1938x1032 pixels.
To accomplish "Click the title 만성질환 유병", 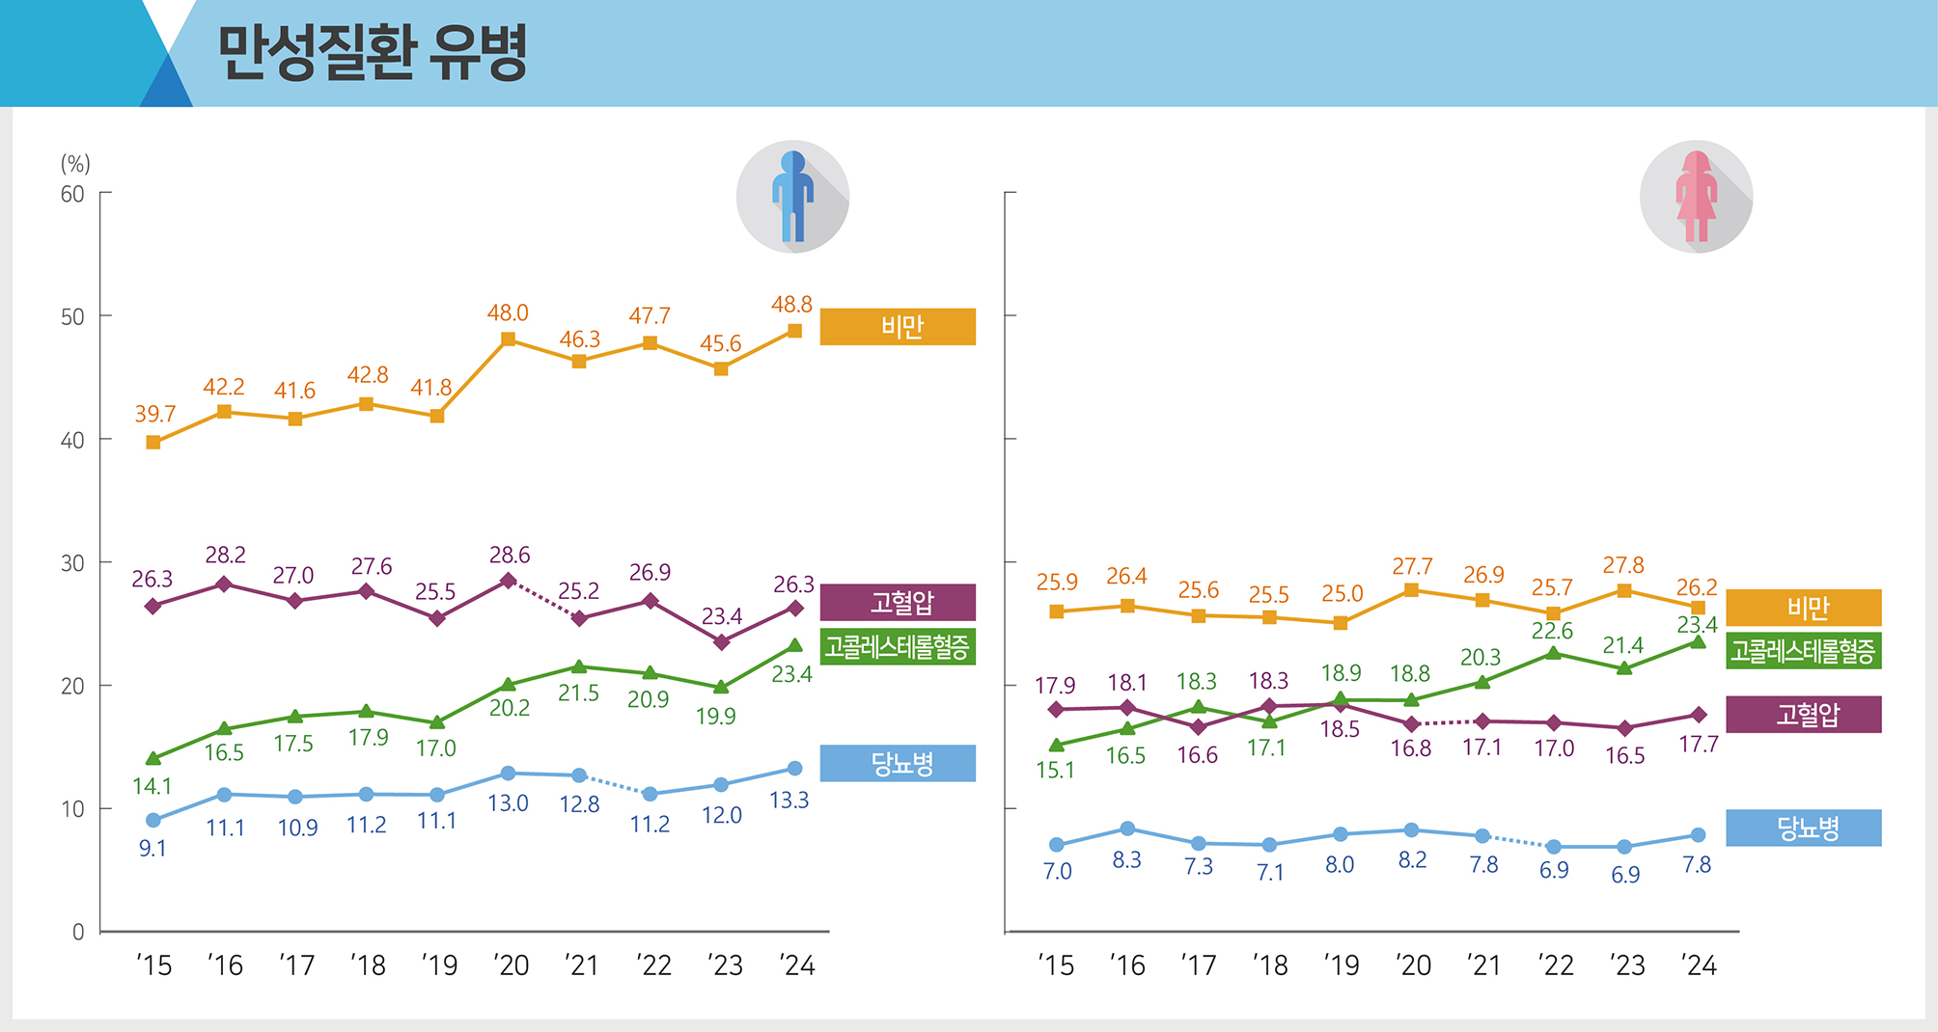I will click(372, 52).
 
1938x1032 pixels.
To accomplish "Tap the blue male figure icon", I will click(792, 197).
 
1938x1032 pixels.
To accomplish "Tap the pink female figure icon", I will click(1696, 197).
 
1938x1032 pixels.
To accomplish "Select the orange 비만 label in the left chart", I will click(898, 327).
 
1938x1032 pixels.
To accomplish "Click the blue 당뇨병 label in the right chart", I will click(1803, 828).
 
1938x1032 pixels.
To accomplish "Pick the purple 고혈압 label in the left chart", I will click(898, 603).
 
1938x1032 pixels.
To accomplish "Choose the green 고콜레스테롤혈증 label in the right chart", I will click(1803, 651).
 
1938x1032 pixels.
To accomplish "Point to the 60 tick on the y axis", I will click(72, 194).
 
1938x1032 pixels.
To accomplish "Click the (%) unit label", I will click(75, 163).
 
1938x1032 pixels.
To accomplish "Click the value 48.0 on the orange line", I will click(508, 312).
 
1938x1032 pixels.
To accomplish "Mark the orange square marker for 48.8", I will click(794, 331).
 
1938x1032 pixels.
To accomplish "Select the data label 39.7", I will click(154, 414).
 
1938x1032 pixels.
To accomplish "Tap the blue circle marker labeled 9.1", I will click(153, 820).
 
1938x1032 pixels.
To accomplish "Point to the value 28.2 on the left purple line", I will click(225, 555).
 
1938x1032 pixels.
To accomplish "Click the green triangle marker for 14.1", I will click(153, 759).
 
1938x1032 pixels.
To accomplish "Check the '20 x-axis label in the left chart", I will click(511, 964).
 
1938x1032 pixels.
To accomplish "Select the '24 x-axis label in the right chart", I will click(1698, 964).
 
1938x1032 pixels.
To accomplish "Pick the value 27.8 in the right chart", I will click(1623, 564).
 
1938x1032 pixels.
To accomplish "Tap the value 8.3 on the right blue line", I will click(1126, 859).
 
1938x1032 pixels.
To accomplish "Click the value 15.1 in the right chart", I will click(1055, 770).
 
